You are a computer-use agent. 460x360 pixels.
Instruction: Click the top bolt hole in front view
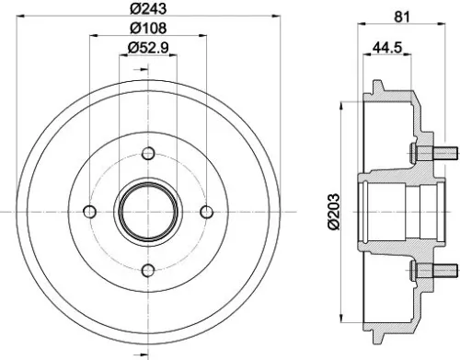[x=147, y=153]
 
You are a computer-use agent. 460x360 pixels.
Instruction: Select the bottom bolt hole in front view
[x=147, y=270]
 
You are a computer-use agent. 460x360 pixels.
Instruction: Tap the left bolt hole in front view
[x=89, y=211]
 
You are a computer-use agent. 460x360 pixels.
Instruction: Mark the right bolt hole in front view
[x=205, y=211]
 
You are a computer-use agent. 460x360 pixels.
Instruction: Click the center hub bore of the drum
[x=147, y=211]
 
